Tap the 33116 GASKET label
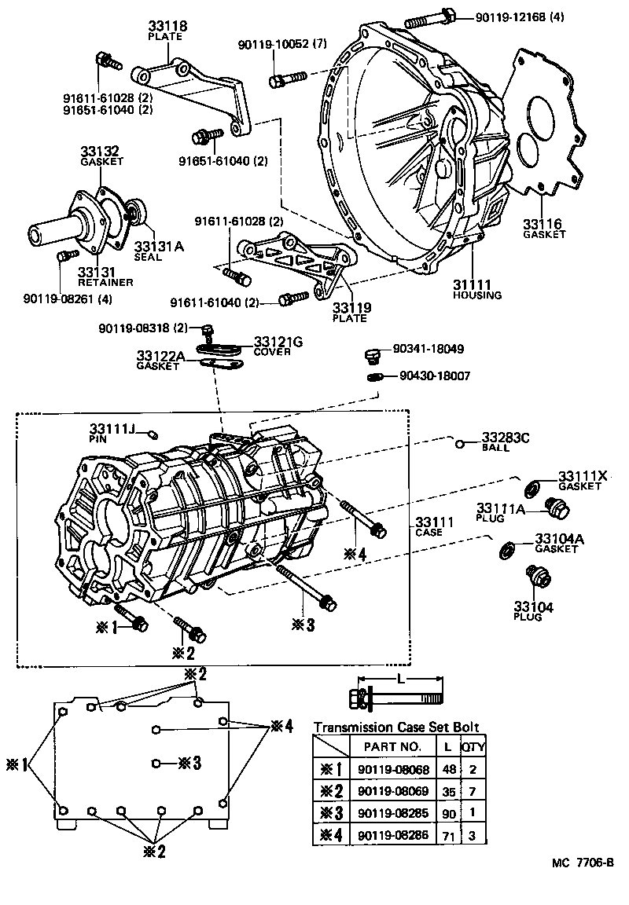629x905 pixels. tap(544, 229)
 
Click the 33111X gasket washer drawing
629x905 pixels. tap(532, 486)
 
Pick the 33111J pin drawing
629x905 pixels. tap(154, 434)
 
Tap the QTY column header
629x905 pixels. tap(471, 746)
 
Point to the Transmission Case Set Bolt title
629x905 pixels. tap(395, 727)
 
